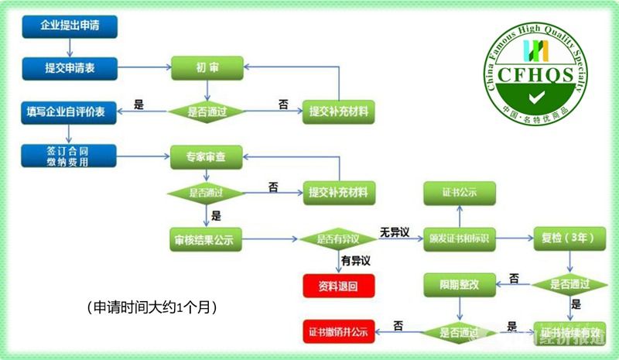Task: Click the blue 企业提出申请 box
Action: [70, 26]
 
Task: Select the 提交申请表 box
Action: [70, 68]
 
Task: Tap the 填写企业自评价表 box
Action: [70, 111]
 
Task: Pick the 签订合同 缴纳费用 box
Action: [70, 156]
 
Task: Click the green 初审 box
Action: [207, 68]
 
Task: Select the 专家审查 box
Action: [207, 156]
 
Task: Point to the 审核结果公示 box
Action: [207, 240]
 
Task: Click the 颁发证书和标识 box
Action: [459, 240]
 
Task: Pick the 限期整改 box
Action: [459, 285]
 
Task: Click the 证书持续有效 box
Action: [573, 332]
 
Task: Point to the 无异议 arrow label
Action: [394, 231]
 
